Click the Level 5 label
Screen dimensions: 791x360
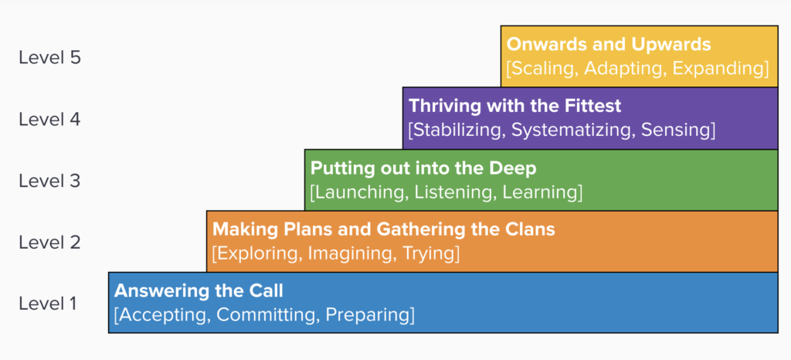click(49, 58)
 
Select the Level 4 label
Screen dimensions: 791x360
click(49, 120)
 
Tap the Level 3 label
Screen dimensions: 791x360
click(49, 181)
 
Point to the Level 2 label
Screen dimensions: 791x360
click(49, 243)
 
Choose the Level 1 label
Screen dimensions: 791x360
click(48, 304)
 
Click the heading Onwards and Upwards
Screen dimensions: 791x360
click(609, 44)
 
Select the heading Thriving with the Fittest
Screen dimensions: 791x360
click(515, 106)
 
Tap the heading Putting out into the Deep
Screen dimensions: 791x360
click(423, 168)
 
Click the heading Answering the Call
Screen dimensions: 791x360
click(199, 290)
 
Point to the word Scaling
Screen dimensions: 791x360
click(542, 69)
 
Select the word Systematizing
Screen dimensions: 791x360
click(573, 130)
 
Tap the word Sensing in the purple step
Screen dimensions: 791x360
click(675, 130)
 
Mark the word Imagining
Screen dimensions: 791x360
click(351, 254)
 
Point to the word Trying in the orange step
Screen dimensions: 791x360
click(428, 254)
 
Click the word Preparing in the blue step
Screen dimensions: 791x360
click(367, 315)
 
